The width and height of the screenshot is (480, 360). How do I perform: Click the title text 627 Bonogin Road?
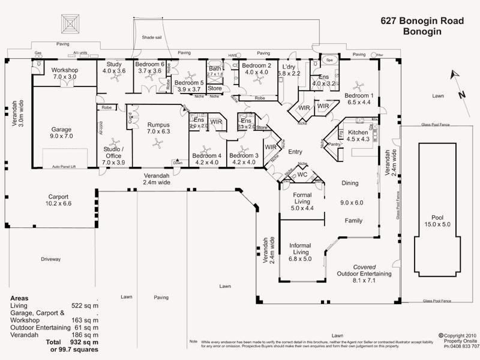coord(422,20)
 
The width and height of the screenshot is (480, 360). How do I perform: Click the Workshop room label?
coord(57,73)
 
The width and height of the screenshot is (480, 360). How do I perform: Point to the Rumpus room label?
coord(158,128)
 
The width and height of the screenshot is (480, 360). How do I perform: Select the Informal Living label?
coord(299,249)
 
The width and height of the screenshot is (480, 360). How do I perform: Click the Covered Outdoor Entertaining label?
coord(364,273)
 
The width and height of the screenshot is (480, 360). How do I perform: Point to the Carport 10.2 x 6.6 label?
coord(59,200)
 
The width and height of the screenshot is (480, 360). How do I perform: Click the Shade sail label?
coord(151,37)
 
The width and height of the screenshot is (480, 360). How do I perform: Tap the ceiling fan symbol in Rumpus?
coord(157,143)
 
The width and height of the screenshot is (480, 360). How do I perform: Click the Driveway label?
coord(51,259)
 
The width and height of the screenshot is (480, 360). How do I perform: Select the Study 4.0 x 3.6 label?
coord(114,67)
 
